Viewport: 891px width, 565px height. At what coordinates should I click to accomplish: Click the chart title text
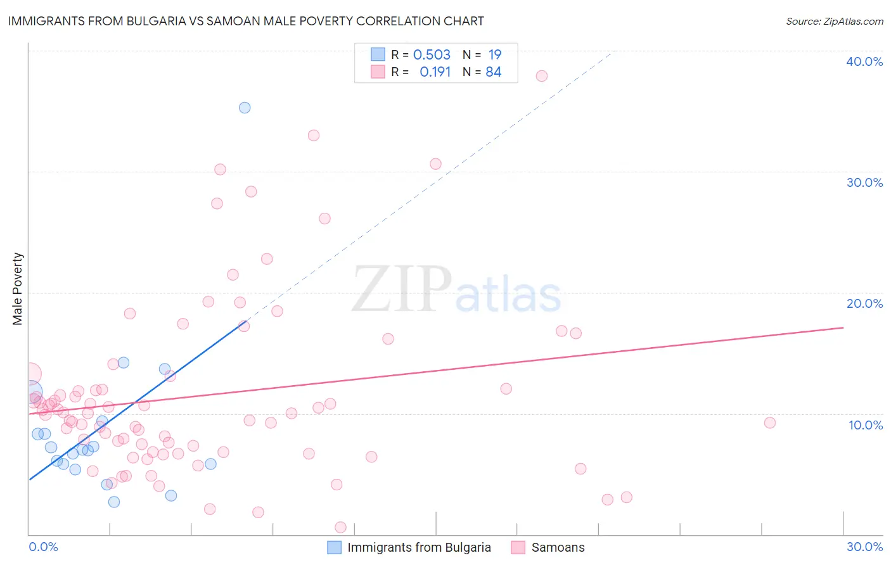[x=246, y=21]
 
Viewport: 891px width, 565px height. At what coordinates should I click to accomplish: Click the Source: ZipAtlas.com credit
[x=834, y=21]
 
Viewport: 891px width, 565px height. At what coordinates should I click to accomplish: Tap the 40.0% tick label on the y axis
[x=864, y=61]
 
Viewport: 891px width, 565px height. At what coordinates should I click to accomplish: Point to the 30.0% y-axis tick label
[x=864, y=182]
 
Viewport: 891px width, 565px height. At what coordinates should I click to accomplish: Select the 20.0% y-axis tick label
[x=864, y=303]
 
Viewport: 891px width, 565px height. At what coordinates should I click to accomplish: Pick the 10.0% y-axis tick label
[x=865, y=425]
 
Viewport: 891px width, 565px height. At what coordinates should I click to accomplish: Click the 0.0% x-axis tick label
[x=43, y=547]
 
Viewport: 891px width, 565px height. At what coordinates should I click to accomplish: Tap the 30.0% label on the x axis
[x=864, y=547]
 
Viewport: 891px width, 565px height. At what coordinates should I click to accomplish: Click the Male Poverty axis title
[x=18, y=289]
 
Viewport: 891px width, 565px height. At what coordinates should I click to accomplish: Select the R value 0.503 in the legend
[x=432, y=54]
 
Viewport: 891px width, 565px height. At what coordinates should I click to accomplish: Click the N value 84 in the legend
[x=493, y=72]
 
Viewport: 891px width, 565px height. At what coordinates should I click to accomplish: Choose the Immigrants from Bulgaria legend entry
[x=418, y=547]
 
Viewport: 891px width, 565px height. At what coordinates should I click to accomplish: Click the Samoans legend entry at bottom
[x=558, y=547]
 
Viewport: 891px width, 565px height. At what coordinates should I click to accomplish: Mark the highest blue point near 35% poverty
[x=245, y=108]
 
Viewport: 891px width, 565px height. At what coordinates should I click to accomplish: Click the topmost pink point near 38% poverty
[x=541, y=76]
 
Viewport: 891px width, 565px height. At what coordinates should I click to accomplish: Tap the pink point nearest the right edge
[x=769, y=422]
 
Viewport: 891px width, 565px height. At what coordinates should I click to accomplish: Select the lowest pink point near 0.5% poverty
[x=340, y=527]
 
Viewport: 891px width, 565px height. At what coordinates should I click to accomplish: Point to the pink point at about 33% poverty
[x=313, y=135]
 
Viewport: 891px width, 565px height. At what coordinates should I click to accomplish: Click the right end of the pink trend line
[x=843, y=327]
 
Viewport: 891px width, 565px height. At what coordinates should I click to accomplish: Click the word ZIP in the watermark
[x=402, y=289]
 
